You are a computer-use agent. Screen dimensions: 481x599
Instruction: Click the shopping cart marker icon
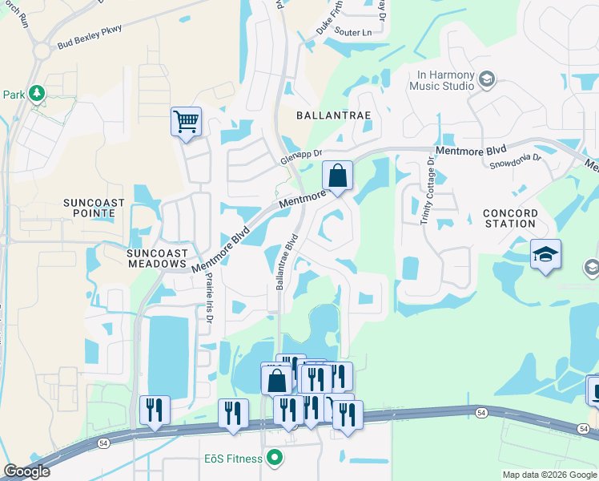pyautogui.click(x=185, y=123)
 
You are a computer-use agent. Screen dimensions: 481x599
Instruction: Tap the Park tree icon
pyautogui.click(x=36, y=95)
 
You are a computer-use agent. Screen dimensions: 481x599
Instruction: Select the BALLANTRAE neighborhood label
pyautogui.click(x=334, y=115)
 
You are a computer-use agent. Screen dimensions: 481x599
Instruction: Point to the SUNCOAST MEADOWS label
pyautogui.click(x=156, y=257)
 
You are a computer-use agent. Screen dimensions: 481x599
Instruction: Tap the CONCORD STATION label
pyautogui.click(x=509, y=218)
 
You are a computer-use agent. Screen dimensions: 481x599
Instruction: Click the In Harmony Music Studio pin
pyautogui.click(x=487, y=79)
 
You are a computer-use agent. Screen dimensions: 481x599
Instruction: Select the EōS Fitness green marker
pyautogui.click(x=275, y=459)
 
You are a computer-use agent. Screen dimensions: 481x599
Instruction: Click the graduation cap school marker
pyautogui.click(x=545, y=255)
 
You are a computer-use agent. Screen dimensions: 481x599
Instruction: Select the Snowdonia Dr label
pyautogui.click(x=515, y=161)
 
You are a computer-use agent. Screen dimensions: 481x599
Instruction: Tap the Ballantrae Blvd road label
pyautogui.click(x=286, y=262)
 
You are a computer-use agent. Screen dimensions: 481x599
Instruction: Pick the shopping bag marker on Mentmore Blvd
pyautogui.click(x=338, y=176)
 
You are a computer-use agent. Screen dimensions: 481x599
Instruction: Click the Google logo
pyautogui.click(x=26, y=472)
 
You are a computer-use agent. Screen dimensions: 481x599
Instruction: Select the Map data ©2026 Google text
pyautogui.click(x=549, y=475)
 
